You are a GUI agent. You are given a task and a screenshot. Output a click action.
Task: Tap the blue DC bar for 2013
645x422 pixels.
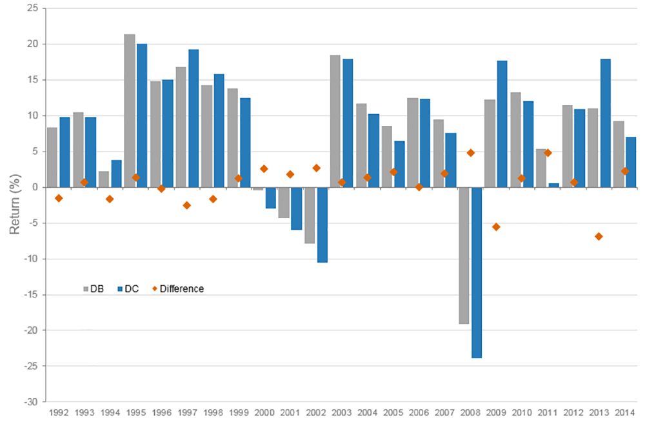[605, 123]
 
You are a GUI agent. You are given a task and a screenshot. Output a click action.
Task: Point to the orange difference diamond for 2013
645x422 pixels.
[599, 237]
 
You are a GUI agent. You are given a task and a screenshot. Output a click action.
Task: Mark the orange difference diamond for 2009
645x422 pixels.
[496, 227]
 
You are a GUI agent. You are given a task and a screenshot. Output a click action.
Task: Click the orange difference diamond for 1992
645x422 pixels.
[59, 198]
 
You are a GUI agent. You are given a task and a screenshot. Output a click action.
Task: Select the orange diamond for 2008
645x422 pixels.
[470, 153]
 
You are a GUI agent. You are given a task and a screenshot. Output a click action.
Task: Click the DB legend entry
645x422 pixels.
[94, 289]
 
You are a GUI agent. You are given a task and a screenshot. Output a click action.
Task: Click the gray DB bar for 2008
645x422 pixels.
[464, 256]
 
